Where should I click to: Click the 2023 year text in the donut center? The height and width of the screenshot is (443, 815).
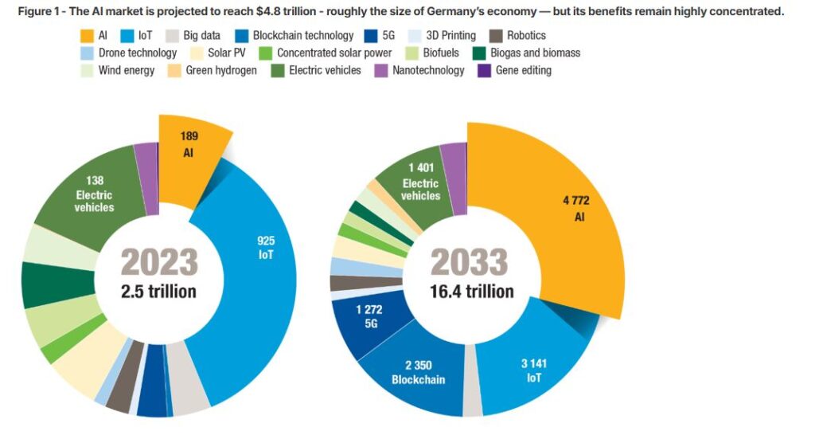point(159,262)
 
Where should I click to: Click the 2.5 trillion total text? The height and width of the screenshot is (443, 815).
point(159,291)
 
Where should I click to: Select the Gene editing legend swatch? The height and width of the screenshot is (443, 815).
point(483,70)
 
